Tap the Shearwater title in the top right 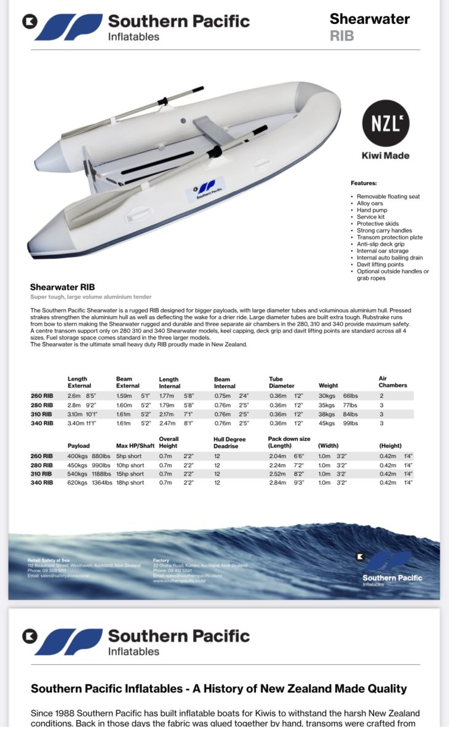coord(369,19)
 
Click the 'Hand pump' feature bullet coord(372,210)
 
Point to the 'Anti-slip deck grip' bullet coord(381,244)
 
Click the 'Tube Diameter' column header coord(282,383)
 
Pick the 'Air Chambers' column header coord(392,382)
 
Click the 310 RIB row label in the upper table coord(42,414)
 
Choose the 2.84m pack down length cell coord(277,483)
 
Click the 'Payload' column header coord(79,445)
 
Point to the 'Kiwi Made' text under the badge coord(385,156)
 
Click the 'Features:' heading coord(364,183)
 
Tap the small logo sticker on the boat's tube coord(206,189)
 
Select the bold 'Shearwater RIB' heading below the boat coord(62,287)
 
